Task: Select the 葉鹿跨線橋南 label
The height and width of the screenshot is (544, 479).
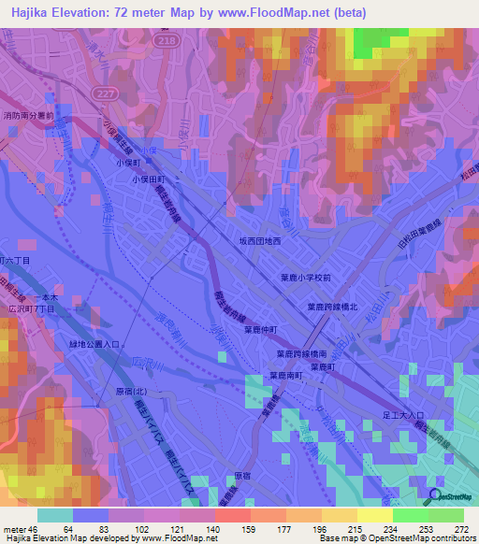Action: click(327, 354)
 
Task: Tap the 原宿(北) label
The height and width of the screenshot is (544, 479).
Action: click(131, 392)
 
